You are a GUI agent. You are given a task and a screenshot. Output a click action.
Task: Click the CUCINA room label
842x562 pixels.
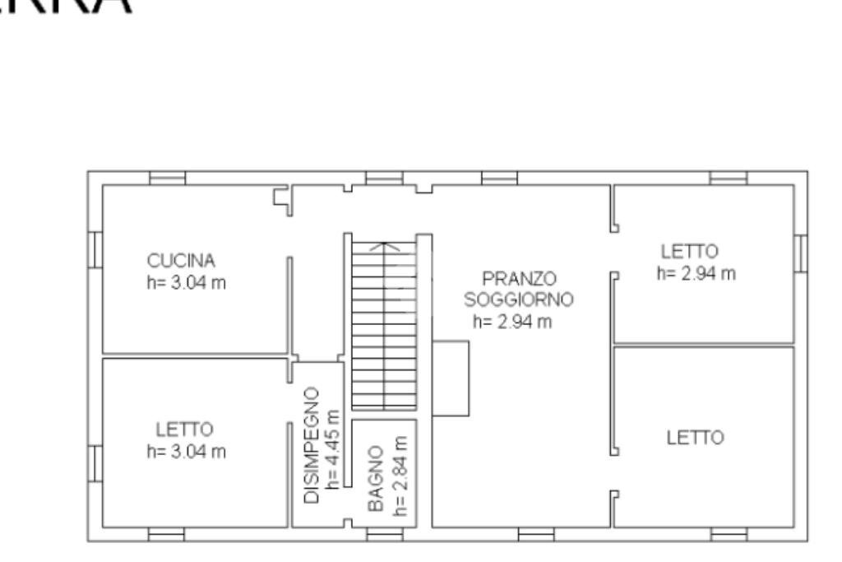pyautogui.click(x=181, y=261)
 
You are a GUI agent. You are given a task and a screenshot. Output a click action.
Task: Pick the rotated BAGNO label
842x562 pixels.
pyautogui.click(x=376, y=480)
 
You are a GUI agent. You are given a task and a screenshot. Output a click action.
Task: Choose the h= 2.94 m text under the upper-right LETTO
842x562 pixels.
pyautogui.click(x=696, y=273)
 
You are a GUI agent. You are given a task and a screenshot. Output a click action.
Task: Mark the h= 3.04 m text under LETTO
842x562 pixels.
pyautogui.click(x=186, y=452)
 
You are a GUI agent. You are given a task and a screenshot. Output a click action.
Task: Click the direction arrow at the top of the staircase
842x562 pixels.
pyautogui.click(x=385, y=245)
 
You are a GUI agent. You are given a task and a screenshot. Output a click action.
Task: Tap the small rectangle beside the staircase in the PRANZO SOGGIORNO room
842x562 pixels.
pyautogui.click(x=451, y=379)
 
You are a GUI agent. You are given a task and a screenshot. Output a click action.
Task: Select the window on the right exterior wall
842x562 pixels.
pyautogui.click(x=800, y=253)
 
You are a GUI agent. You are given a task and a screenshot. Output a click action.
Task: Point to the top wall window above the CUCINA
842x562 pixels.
pyautogui.click(x=167, y=178)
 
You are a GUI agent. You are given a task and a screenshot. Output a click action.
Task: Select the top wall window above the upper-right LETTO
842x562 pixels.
pyautogui.click(x=729, y=178)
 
